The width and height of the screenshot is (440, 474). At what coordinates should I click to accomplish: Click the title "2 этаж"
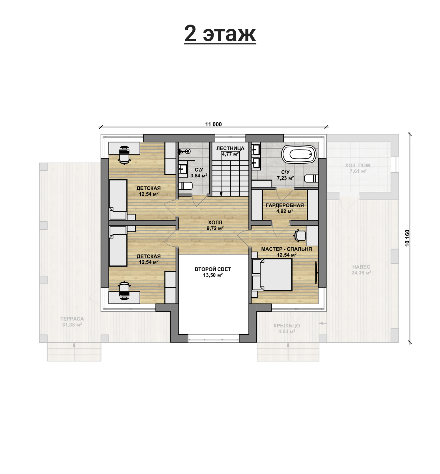tap(220, 34)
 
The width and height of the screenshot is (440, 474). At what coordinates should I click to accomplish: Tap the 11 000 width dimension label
tap(213, 124)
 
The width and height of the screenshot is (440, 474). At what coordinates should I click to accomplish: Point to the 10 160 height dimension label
tap(407, 238)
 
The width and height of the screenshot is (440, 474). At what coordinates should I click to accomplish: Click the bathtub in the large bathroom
tap(299, 154)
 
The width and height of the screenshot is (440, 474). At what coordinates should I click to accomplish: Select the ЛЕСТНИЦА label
tap(230, 148)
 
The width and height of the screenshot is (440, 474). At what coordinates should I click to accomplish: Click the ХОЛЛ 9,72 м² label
tap(215, 225)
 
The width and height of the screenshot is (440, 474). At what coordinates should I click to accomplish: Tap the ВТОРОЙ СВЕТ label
tap(213, 269)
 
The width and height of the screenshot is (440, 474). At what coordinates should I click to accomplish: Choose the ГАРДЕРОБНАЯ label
tap(285, 205)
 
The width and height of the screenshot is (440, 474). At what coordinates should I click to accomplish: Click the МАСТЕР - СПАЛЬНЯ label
tap(287, 249)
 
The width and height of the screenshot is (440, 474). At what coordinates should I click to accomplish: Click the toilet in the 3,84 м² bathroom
tap(185, 186)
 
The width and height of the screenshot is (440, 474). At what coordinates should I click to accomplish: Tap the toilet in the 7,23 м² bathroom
tap(311, 179)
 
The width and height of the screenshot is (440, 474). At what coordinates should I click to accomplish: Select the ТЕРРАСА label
tap(72, 319)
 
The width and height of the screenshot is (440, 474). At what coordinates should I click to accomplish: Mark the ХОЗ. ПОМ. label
tap(358, 165)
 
